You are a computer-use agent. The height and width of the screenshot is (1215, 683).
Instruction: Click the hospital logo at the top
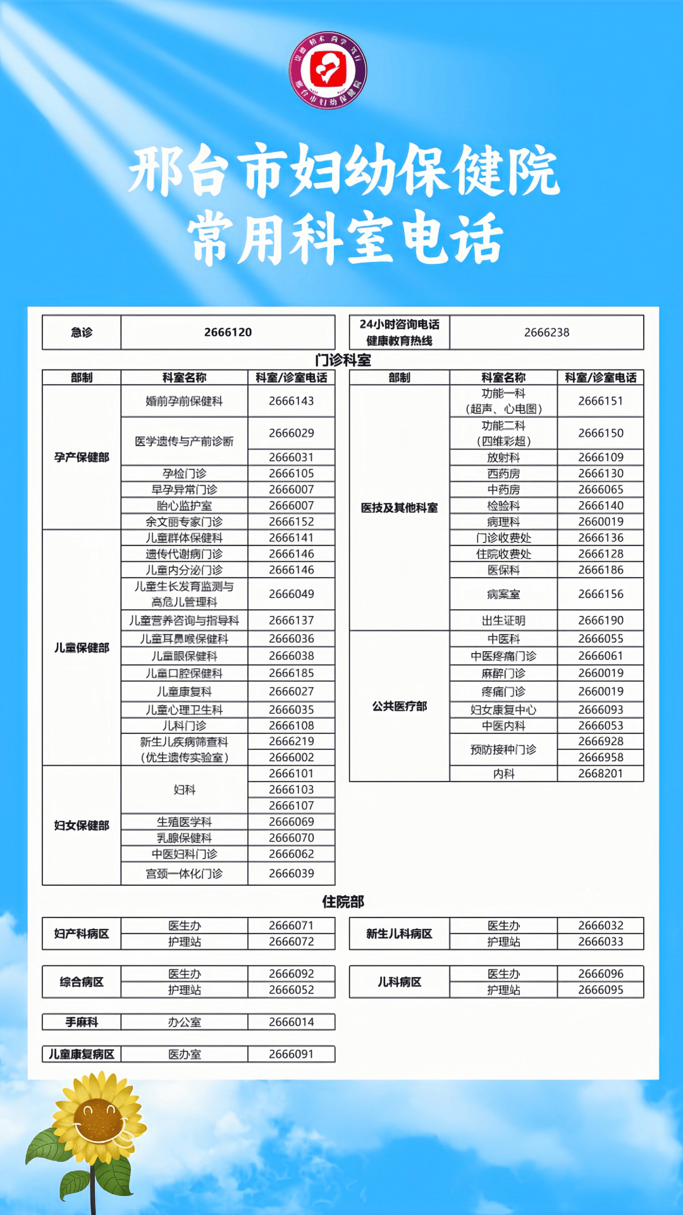point(328,70)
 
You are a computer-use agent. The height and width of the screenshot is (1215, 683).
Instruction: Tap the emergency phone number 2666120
point(228,332)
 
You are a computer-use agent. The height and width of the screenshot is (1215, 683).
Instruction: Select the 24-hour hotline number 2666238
point(546,332)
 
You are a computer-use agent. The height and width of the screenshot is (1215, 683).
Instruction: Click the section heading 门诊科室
point(343,360)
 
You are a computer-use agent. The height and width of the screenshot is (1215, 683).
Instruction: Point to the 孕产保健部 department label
point(82,457)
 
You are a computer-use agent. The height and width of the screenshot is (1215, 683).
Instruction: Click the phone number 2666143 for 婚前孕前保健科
point(291,401)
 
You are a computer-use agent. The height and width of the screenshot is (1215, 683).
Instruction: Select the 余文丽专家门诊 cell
point(184,522)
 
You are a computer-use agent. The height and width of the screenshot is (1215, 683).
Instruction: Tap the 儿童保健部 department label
point(82,647)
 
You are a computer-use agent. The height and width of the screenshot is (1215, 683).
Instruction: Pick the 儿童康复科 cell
point(184,692)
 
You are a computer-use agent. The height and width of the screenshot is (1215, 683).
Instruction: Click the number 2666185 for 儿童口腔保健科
point(291,673)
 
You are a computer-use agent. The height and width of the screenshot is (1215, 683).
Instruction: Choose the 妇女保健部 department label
point(82,825)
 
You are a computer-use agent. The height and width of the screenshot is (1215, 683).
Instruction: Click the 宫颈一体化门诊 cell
point(184,873)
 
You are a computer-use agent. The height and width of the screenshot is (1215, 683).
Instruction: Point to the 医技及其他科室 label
point(399,508)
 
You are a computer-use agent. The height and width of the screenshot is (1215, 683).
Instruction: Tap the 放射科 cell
point(503,457)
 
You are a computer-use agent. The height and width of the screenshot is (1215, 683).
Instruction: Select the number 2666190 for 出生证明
point(600,620)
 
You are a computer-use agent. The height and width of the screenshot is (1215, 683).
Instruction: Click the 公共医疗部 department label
point(399,706)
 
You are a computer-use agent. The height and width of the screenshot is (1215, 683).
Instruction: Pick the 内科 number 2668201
point(600,773)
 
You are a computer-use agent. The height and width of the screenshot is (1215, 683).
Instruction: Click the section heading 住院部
point(343,901)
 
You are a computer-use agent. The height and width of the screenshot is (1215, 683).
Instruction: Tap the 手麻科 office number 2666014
point(291,1022)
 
